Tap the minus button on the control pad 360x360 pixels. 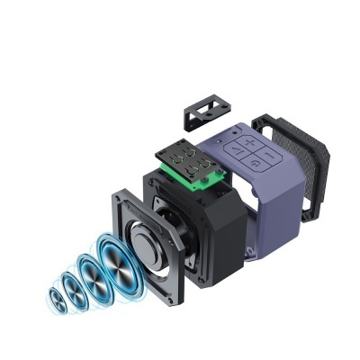tap(270, 146)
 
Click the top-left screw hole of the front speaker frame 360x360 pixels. tap(121, 193)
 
